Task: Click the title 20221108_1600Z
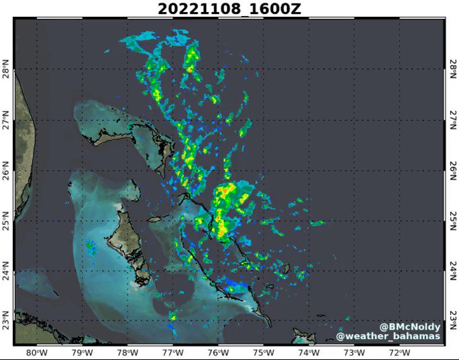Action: (x=229, y=9)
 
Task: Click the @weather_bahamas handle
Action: (x=389, y=336)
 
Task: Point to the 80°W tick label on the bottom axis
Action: (x=36, y=353)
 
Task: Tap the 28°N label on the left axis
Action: (x=7, y=70)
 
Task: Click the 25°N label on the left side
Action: (x=7, y=221)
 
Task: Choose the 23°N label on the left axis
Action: (x=7, y=317)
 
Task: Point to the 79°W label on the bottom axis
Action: (x=82, y=353)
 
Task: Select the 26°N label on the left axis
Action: (x=7, y=172)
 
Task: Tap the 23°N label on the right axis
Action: (x=453, y=317)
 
